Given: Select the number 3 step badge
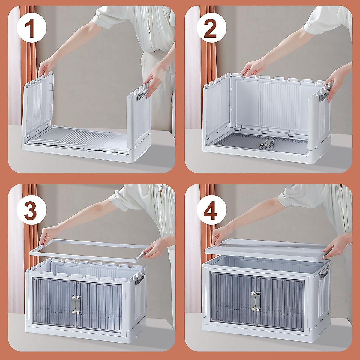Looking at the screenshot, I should pyautogui.click(x=31, y=210).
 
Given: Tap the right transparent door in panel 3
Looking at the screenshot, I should pyautogui.click(x=99, y=303).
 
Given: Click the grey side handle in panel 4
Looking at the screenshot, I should pyautogui.click(x=323, y=274).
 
